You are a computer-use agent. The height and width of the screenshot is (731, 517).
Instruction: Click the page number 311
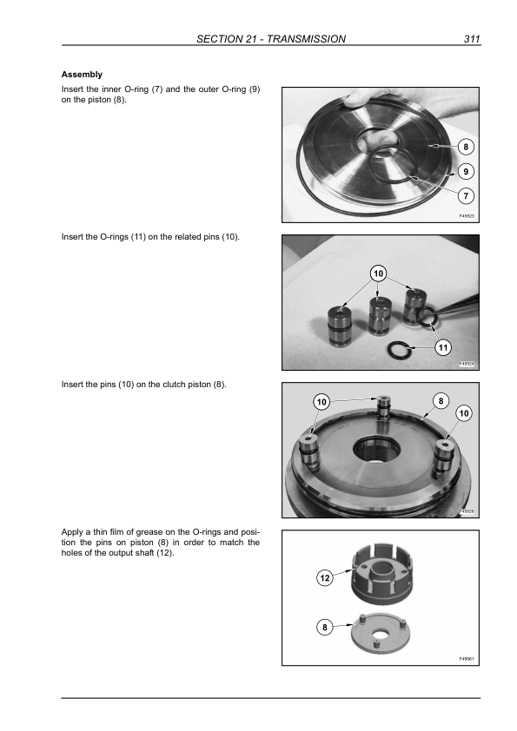pos(472,39)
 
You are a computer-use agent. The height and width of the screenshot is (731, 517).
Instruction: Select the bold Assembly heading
pos(82,75)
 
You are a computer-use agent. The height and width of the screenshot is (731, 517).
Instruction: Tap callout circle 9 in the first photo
pos(465,172)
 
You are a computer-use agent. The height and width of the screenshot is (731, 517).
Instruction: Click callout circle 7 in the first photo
pos(465,196)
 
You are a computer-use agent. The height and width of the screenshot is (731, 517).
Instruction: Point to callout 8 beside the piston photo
pos(465,147)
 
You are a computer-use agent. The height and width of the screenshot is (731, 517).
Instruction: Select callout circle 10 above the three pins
pos(379,273)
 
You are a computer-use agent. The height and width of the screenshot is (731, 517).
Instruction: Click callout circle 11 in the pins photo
pos(443,347)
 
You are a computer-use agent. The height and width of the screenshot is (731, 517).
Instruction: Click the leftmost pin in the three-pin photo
pos(340,326)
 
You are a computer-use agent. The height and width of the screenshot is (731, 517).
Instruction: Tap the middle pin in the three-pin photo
pos(380,316)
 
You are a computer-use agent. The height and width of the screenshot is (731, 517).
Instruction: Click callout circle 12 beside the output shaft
pos(325,578)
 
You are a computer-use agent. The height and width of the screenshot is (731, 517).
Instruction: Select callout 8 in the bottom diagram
pos(325,627)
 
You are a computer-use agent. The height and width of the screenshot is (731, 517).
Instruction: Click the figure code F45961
pos(467,659)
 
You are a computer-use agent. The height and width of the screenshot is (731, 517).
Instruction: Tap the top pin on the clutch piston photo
pos(383,407)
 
